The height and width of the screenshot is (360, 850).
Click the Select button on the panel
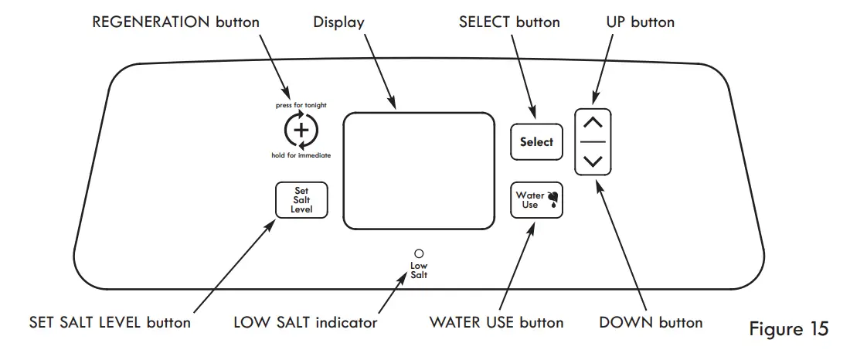point(536,142)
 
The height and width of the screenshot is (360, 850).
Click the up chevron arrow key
point(593,123)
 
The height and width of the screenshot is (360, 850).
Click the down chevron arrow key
point(593,161)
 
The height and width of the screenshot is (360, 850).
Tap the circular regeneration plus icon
point(301,131)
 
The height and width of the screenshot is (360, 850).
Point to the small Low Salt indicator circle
point(419,253)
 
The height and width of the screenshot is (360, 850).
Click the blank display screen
point(419,169)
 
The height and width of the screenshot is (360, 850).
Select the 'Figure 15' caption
point(788,329)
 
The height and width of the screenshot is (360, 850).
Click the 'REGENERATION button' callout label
point(175,22)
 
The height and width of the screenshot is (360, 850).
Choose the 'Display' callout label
point(338,22)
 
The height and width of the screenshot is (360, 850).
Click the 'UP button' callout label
point(640,22)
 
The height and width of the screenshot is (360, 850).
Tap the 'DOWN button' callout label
point(651,322)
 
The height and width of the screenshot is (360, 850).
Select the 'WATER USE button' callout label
point(496,322)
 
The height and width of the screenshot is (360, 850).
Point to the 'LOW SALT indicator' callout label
point(305,322)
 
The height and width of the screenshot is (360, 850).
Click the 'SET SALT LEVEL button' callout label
point(109,322)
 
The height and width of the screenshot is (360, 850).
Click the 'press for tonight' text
point(301,105)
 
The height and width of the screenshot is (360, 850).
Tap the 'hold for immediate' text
point(301,155)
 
